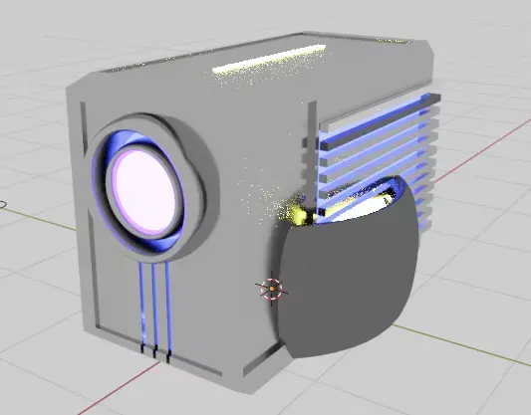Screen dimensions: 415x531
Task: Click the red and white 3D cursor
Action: pyautogui.click(x=271, y=290)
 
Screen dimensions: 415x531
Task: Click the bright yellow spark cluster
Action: pyautogui.click(x=295, y=212)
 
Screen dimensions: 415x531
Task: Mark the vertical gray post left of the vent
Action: pyautogui.click(x=308, y=149)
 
